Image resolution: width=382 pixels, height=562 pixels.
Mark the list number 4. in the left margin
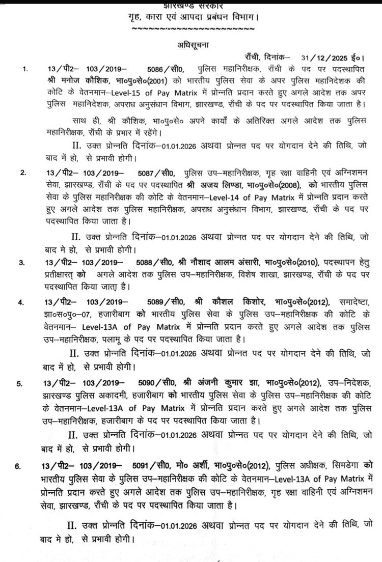[21, 303]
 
